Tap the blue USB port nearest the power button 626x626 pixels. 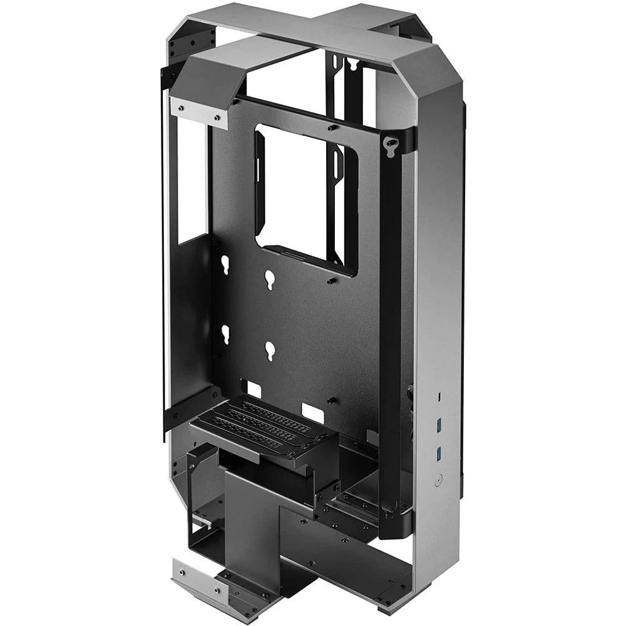(x=440, y=451)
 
